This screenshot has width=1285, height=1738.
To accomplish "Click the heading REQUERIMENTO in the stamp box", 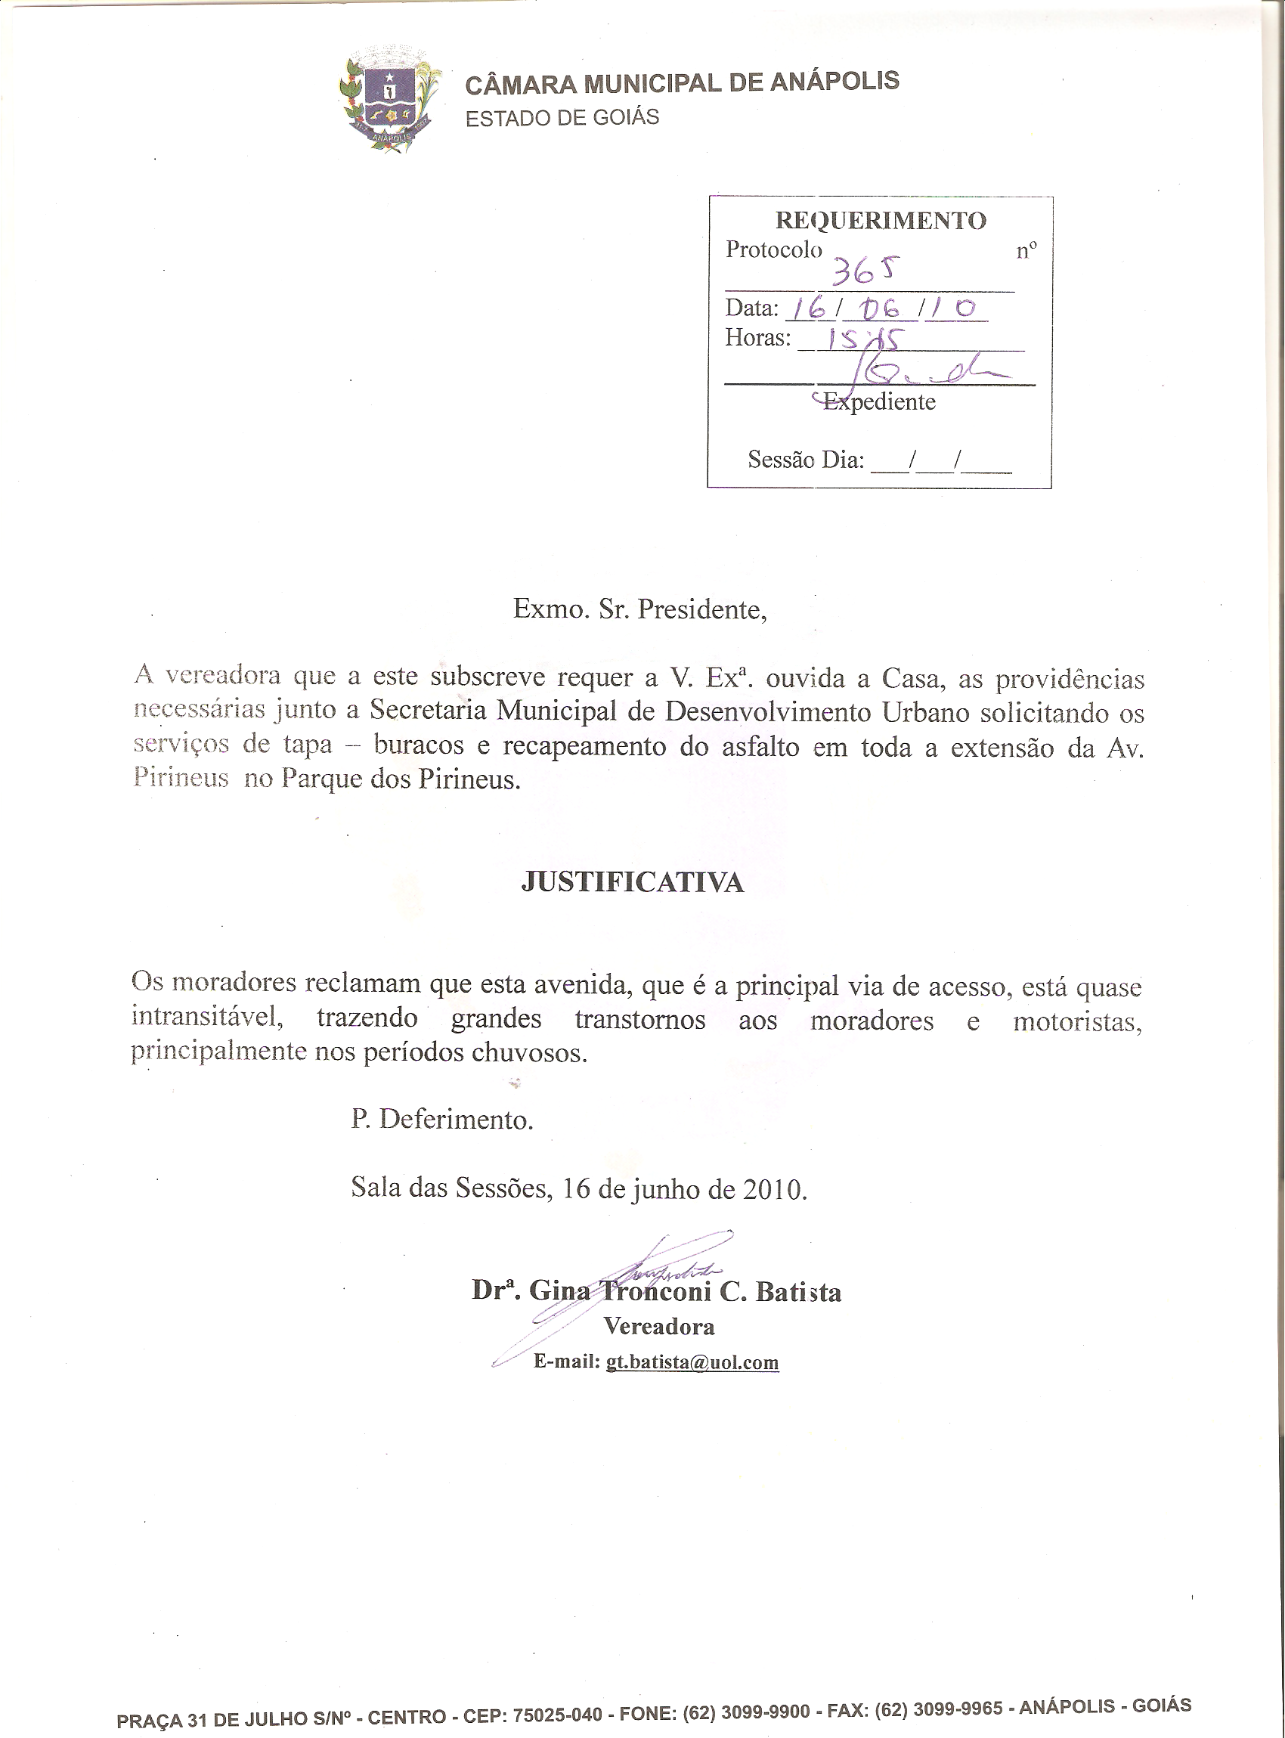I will (881, 220).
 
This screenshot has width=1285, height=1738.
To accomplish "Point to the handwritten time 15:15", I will (864, 339).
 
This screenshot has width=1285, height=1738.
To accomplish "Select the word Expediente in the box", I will (879, 402).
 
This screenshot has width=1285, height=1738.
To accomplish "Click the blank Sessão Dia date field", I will (941, 460).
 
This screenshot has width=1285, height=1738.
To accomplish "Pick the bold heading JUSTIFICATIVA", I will (633, 882).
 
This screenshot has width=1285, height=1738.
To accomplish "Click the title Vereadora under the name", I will (660, 1327).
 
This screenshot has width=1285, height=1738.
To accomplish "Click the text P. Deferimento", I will (442, 1120).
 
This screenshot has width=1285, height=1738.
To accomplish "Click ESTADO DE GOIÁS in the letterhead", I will (562, 118).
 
